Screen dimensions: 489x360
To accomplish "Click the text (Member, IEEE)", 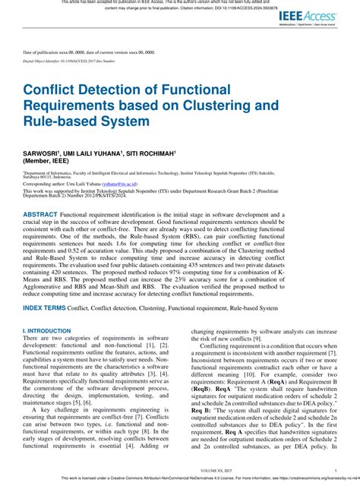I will coord(47,161).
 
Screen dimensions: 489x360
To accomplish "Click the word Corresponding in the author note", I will coord(42,184).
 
